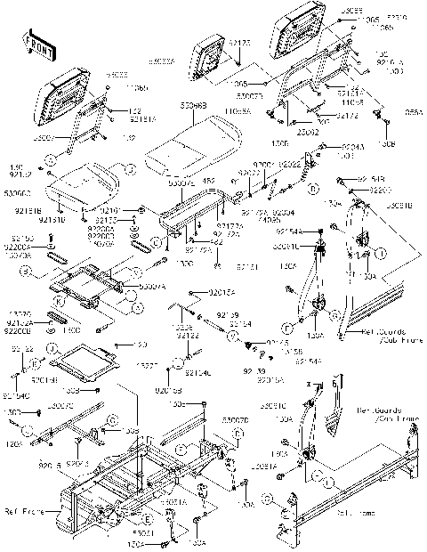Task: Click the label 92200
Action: pyautogui.click(x=379, y=191)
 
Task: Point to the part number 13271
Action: pyautogui.click(x=149, y=366)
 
